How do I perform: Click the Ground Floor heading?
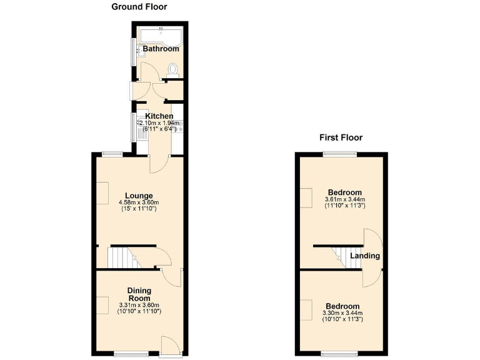[x=139, y=7]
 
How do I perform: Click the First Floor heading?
[x=341, y=137]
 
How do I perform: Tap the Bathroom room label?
[x=161, y=49]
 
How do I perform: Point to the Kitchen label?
[x=159, y=116]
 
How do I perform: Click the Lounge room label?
[x=138, y=196]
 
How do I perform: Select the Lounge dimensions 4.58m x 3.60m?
[x=139, y=202]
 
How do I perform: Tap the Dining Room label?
[x=140, y=294]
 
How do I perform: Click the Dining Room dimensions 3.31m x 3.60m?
[x=140, y=305]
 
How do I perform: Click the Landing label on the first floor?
[x=365, y=256]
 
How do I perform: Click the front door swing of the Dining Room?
[x=169, y=344]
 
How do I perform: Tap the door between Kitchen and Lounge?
[x=159, y=164]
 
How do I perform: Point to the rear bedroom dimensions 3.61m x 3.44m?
[x=344, y=200]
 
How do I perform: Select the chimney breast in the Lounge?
[x=102, y=191]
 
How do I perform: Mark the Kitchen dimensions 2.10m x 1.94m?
[x=161, y=124]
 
